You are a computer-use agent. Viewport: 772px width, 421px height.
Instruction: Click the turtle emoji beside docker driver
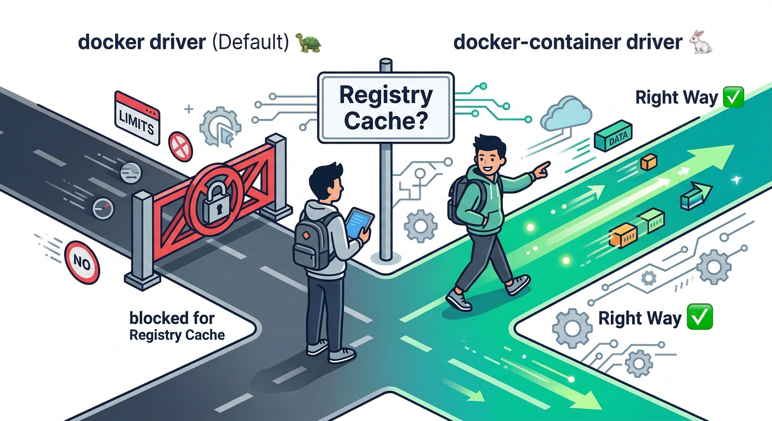point(308,43)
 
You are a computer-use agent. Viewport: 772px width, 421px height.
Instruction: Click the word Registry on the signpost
point(386,95)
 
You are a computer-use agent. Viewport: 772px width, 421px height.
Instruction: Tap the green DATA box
point(614,138)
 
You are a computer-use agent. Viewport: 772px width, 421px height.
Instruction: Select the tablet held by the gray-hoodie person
point(359,224)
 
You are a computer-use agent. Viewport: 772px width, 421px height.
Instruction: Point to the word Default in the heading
point(248,43)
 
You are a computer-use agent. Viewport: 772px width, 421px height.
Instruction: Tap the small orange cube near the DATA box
point(649,161)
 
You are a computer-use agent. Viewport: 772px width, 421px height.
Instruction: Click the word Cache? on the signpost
point(386,120)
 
